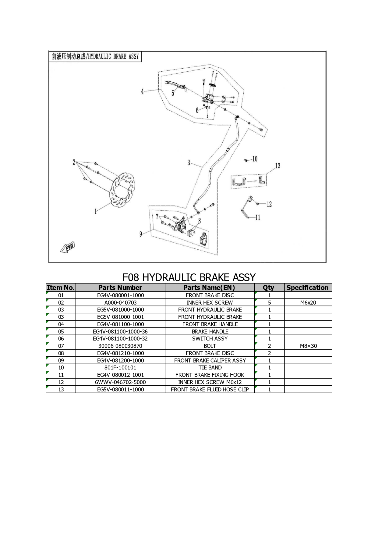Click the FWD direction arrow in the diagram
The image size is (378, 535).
point(67,247)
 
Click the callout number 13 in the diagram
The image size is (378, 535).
point(278,166)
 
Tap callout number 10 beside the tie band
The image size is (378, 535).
point(255,159)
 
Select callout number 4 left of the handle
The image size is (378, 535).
point(142,91)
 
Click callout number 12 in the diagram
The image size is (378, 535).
point(269,204)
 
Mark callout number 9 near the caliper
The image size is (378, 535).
point(141,234)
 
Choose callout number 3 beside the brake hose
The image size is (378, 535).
point(189,163)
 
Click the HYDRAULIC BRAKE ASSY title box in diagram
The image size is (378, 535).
point(95,57)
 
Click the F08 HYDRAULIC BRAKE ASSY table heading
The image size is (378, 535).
point(189,277)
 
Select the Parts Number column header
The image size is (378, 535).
point(120,287)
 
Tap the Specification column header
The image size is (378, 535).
point(308,287)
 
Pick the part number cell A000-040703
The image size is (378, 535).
point(120,303)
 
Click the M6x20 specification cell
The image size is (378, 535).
point(308,303)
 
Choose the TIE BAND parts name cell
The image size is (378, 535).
point(210,368)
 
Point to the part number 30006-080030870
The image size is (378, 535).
point(120,346)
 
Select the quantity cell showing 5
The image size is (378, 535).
point(270,303)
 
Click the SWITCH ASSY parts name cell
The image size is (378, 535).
point(210,339)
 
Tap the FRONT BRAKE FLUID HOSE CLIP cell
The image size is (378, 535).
point(210,390)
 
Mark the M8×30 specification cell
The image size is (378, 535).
point(308,346)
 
